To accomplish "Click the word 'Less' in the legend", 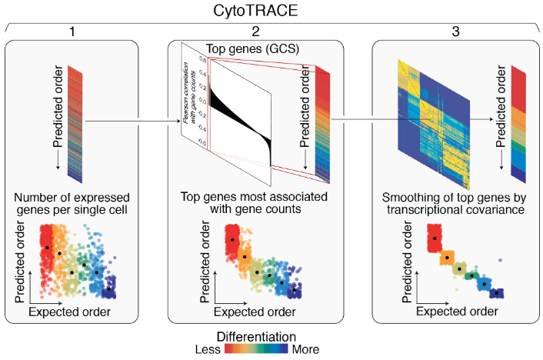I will (209, 349).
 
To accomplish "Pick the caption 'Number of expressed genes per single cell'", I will (72, 202).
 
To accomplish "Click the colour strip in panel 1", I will (75, 123).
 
